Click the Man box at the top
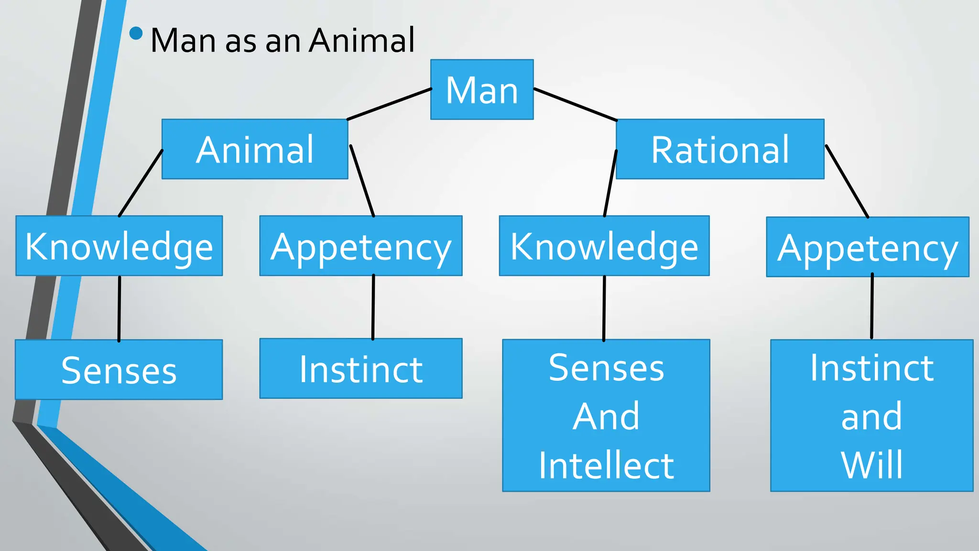pyautogui.click(x=482, y=89)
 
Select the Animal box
pyautogui.click(x=255, y=149)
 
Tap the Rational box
pyautogui.click(x=720, y=149)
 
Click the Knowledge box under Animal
pyautogui.click(x=119, y=246)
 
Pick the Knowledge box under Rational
pyautogui.click(x=604, y=246)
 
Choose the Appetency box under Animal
pyautogui.click(x=361, y=246)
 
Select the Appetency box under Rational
pyautogui.click(x=868, y=247)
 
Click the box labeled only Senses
pyautogui.click(x=119, y=370)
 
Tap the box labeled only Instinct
pyautogui.click(x=361, y=369)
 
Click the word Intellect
pyautogui.click(x=606, y=465)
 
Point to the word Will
pyautogui.click(x=872, y=465)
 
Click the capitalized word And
pyautogui.click(x=606, y=417)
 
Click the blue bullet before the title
pyautogui.click(x=136, y=33)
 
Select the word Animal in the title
pyautogui.click(x=362, y=40)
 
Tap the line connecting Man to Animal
pyautogui.click(x=390, y=104)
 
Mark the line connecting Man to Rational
pyautogui.click(x=576, y=104)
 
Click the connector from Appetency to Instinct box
pyautogui.click(x=373, y=307)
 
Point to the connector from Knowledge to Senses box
pyautogui.click(x=119, y=309)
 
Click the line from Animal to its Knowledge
pyautogui.click(x=141, y=183)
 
